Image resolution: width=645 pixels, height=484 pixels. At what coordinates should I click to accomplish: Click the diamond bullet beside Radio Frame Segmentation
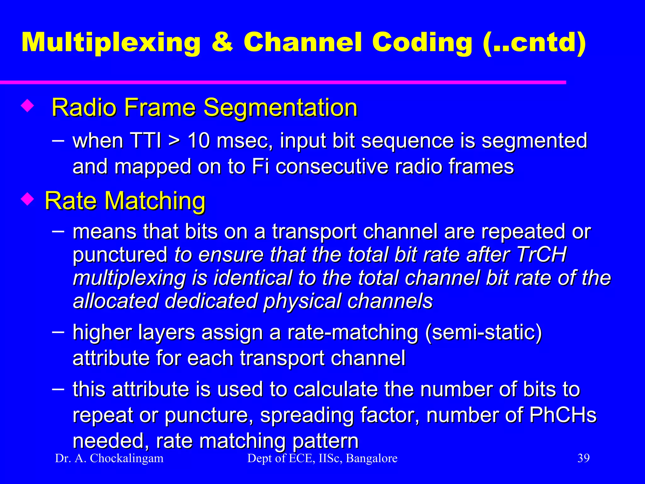point(27,106)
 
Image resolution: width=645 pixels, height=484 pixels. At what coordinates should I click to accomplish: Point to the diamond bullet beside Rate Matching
point(27,199)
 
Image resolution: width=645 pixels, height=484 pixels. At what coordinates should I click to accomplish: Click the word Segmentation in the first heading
point(281,108)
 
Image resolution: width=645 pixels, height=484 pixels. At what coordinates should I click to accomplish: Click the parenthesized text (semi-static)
point(483,332)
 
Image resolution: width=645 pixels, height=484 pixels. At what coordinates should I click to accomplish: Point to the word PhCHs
point(563,415)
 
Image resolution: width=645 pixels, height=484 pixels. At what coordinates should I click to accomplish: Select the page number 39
point(583,458)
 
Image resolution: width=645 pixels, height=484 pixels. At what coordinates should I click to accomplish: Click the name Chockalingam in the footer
point(127,458)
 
